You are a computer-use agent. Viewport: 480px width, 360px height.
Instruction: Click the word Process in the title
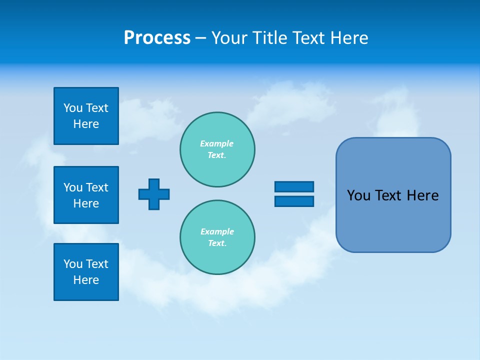157,38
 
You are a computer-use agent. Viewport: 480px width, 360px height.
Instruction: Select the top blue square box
86,116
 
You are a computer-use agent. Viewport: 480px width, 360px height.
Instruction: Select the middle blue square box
86,195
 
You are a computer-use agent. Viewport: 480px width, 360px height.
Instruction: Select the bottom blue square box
86,272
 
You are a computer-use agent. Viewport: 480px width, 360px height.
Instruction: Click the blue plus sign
154,194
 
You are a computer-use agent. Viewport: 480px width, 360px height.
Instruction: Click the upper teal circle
217,149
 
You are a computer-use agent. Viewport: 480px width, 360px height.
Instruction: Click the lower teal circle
217,237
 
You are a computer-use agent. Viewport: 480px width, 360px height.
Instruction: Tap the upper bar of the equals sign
294,186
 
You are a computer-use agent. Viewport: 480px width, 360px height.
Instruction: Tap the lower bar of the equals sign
294,201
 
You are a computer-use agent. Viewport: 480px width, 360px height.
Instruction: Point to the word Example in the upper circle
216,143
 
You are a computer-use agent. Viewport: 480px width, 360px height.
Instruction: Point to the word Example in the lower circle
217,231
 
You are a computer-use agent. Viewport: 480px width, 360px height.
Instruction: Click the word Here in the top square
86,124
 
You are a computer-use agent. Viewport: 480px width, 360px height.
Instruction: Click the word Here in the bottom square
86,280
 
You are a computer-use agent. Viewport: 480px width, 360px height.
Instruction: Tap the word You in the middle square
73,187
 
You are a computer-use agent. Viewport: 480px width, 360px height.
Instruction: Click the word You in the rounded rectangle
358,195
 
